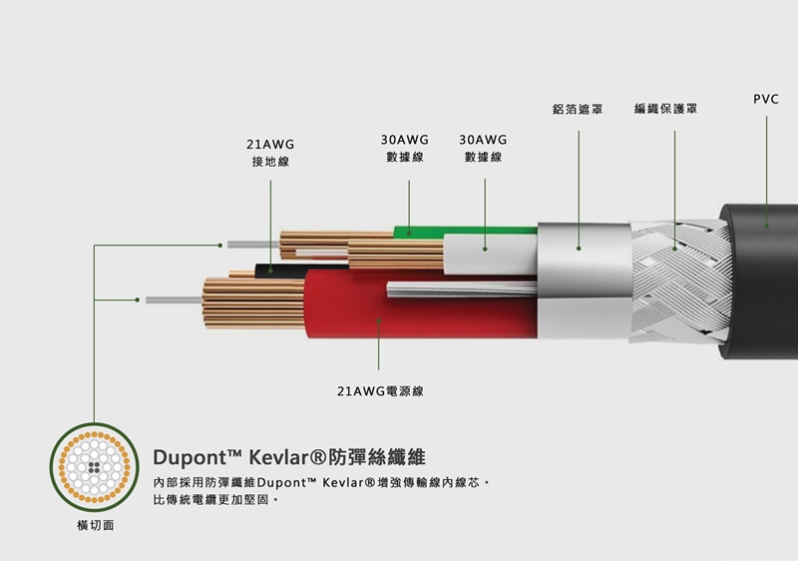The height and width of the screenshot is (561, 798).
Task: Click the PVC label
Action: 766,100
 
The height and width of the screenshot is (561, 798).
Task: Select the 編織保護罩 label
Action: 664,108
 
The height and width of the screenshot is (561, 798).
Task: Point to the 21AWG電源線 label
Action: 379,390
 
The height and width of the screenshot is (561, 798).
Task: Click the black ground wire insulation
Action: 267,270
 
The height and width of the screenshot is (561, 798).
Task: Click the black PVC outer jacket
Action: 763,280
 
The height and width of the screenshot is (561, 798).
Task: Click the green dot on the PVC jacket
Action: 767,226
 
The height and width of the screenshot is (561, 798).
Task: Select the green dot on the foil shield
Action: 578,246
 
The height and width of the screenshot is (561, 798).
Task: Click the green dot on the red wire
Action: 379,321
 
